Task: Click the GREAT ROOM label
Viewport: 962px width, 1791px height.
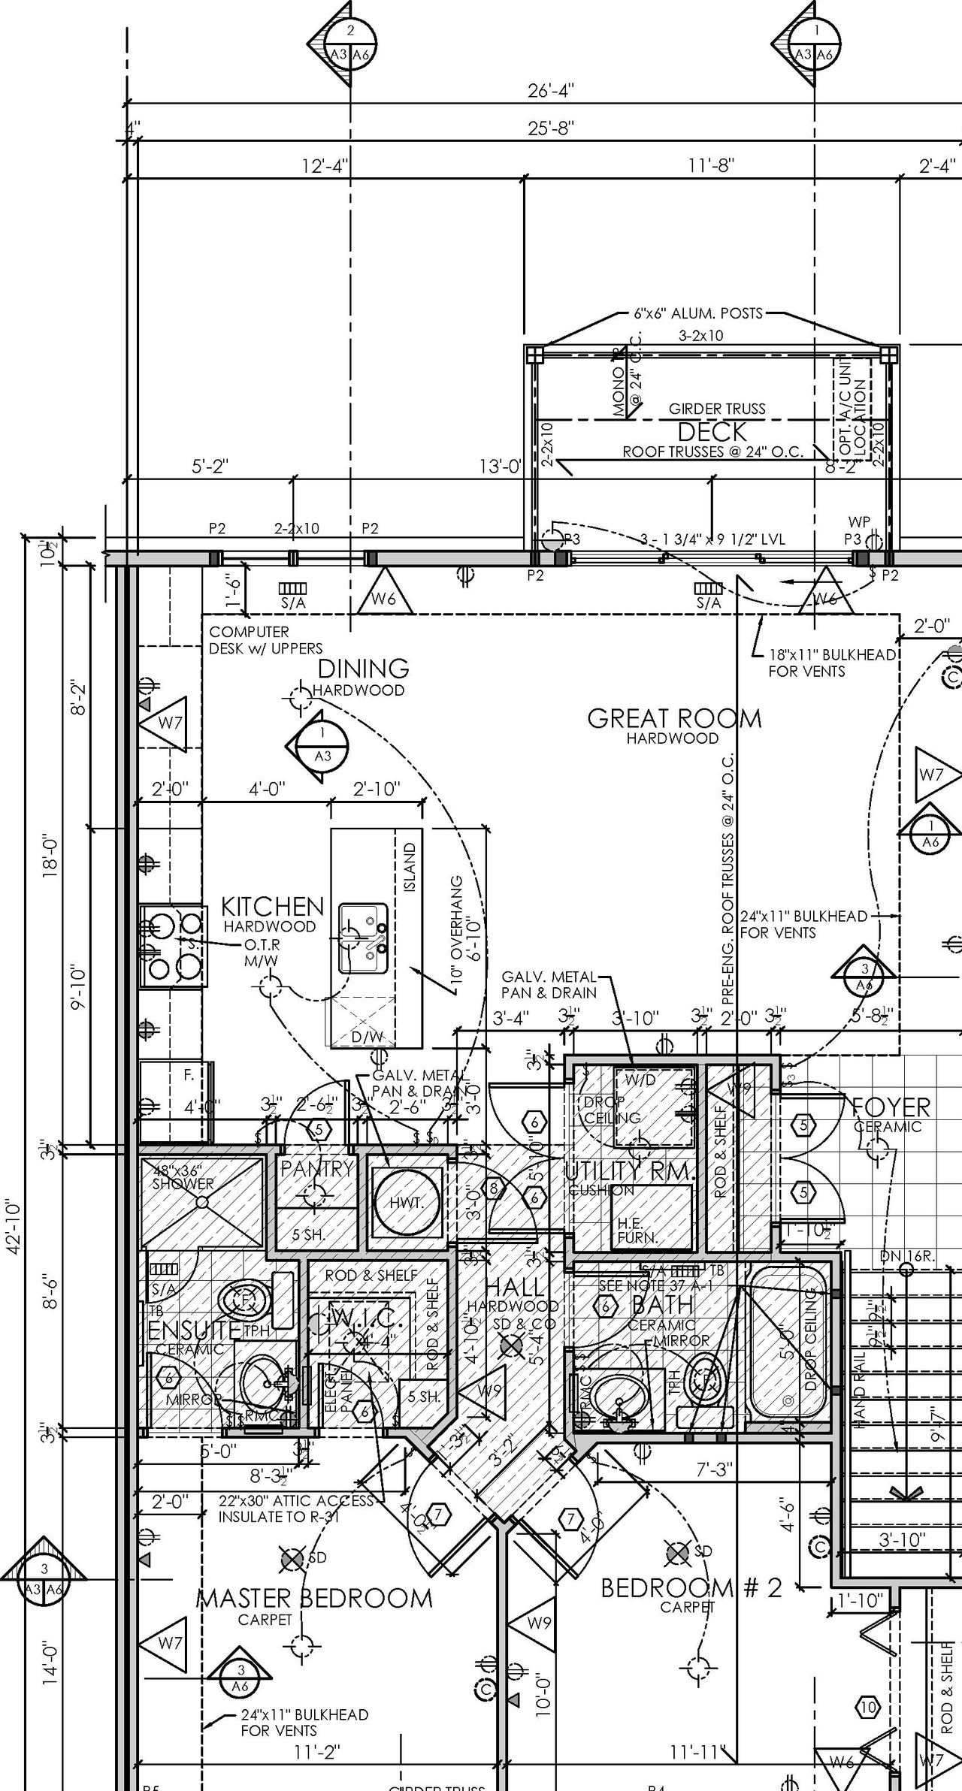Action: pos(674,718)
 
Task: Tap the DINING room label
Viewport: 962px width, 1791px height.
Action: pos(364,668)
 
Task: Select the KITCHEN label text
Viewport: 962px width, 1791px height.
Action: pos(272,906)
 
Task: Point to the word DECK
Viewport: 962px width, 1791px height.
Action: pos(712,432)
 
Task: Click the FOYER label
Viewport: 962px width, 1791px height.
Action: pos(891,1107)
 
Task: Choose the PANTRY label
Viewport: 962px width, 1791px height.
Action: pos(316,1168)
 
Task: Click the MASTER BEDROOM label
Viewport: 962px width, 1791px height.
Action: pos(314,1598)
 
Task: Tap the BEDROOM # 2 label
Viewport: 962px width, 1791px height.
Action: pos(691,1587)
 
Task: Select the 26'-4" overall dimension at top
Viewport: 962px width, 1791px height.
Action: pos(551,91)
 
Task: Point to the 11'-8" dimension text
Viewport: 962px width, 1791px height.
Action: pos(711,165)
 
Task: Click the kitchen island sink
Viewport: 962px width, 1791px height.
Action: pos(363,938)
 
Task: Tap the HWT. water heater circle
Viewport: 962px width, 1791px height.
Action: pos(406,1203)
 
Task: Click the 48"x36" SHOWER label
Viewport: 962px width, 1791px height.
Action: pos(183,1177)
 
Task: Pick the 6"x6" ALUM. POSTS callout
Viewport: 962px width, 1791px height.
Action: pos(697,313)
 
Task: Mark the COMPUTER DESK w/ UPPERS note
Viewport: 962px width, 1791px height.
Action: pos(265,640)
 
